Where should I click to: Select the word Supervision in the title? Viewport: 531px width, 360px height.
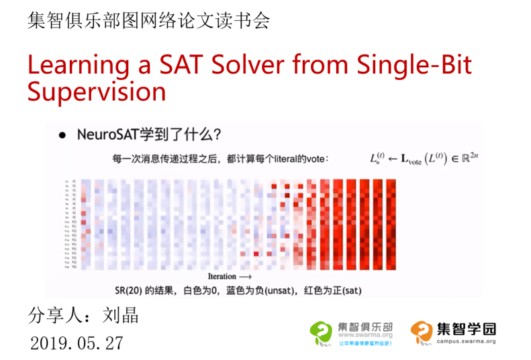coord(96,92)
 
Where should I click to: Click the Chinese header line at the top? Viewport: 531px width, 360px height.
coord(148,20)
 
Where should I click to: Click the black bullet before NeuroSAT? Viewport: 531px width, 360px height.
coord(62,135)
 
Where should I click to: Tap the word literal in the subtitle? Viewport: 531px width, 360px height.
coord(287,160)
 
